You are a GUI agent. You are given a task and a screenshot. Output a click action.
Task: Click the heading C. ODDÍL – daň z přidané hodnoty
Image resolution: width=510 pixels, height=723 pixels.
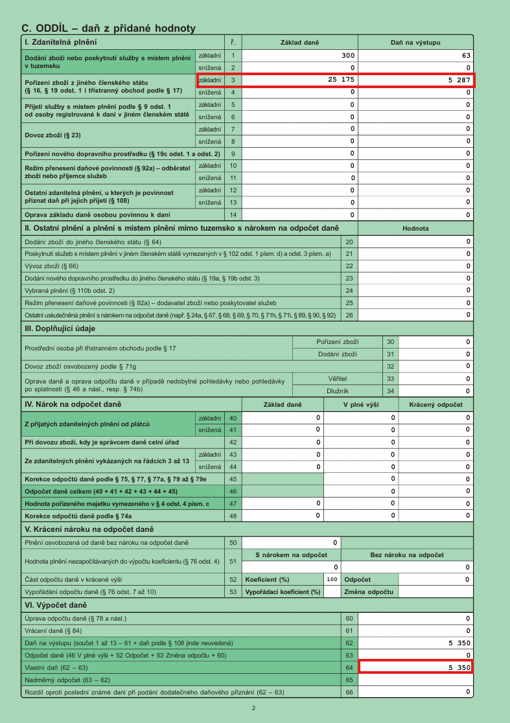pyautogui.click(x=108, y=29)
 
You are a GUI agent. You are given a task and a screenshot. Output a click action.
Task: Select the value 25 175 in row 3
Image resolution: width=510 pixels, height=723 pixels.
pyautogui.click(x=342, y=80)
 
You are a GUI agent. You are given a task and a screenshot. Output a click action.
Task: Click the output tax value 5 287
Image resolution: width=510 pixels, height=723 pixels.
pyautogui.click(x=459, y=80)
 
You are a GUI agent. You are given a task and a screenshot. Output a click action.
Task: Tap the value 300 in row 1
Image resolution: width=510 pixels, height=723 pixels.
pyautogui.click(x=348, y=56)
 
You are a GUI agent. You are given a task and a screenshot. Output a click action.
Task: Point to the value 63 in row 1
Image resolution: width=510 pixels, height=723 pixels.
pyautogui.click(x=466, y=56)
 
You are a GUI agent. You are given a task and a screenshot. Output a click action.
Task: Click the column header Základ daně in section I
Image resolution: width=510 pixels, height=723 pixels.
pyautogui.click(x=299, y=43)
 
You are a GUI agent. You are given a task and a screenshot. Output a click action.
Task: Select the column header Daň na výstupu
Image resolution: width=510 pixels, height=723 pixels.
pyautogui.click(x=415, y=43)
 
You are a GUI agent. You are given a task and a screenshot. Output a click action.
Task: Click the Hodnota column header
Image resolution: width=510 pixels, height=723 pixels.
pyautogui.click(x=415, y=228)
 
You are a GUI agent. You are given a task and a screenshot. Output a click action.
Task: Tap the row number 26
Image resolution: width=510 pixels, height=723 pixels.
pyautogui.click(x=349, y=316)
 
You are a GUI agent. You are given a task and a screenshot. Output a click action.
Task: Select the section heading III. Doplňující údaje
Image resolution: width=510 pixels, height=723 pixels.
pyautogui.click(x=64, y=328)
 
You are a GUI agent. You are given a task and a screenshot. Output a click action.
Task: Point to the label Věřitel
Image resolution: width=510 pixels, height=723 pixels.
pyautogui.click(x=338, y=378)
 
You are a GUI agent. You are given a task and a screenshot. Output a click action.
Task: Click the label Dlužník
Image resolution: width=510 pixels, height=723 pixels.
pyautogui.click(x=338, y=391)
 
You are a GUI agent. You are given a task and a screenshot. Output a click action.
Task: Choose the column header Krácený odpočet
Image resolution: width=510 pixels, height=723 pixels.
pyautogui.click(x=435, y=405)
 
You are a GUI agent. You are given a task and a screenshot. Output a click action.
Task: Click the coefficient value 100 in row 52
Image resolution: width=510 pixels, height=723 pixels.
pyautogui.click(x=332, y=579)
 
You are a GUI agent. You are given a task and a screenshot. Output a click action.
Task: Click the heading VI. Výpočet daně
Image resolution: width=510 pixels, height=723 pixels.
pyautogui.click(x=55, y=604)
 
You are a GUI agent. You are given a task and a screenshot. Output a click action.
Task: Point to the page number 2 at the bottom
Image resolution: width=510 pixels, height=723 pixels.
pyautogui.click(x=254, y=708)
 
